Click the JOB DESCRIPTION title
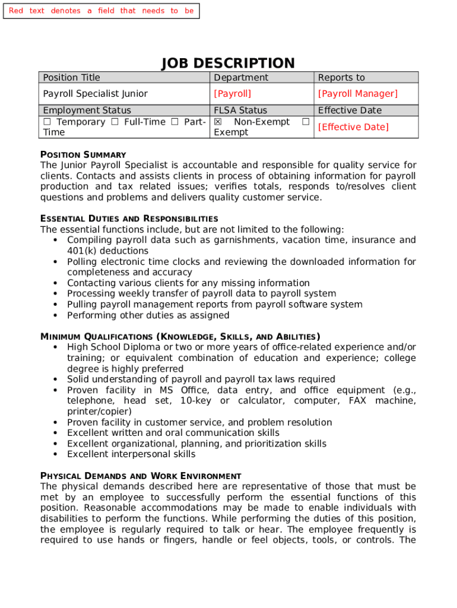228,64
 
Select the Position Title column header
71,78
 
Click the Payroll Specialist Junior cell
95,94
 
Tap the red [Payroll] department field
233,94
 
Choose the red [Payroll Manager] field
358,94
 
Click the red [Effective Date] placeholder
353,127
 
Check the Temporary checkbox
47,122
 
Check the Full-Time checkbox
115,122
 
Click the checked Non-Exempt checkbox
218,122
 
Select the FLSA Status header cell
240,110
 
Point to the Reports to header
341,78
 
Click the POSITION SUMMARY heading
83,154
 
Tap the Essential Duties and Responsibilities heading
129,218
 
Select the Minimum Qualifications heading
180,337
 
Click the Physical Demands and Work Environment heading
141,476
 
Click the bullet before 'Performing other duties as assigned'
55,316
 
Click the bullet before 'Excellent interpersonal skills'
55,455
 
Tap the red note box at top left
101,11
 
